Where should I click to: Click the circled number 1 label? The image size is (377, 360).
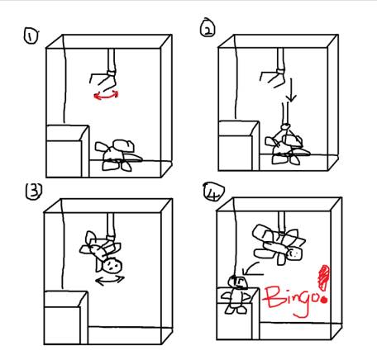tap(31, 36)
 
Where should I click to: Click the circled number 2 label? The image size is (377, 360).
tap(208, 27)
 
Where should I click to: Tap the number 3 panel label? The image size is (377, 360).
tap(34, 192)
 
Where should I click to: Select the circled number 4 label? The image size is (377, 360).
tap(214, 192)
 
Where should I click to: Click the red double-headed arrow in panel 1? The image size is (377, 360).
tap(107, 95)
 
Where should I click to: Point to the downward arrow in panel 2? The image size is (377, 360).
tap(291, 90)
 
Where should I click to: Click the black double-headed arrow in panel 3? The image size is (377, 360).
tap(110, 281)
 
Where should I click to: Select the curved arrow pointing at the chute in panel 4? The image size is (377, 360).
tap(251, 270)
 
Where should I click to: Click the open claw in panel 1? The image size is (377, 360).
tap(103, 81)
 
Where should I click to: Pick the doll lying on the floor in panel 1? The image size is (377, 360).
tap(118, 155)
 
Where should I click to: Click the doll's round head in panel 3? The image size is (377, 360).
tap(112, 266)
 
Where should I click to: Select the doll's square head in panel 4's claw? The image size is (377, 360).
tap(294, 253)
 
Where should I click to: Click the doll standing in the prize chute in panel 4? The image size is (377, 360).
tap(236, 295)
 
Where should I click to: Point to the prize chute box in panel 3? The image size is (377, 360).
tap(66, 318)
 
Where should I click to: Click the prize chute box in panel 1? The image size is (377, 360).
tap(68, 151)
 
